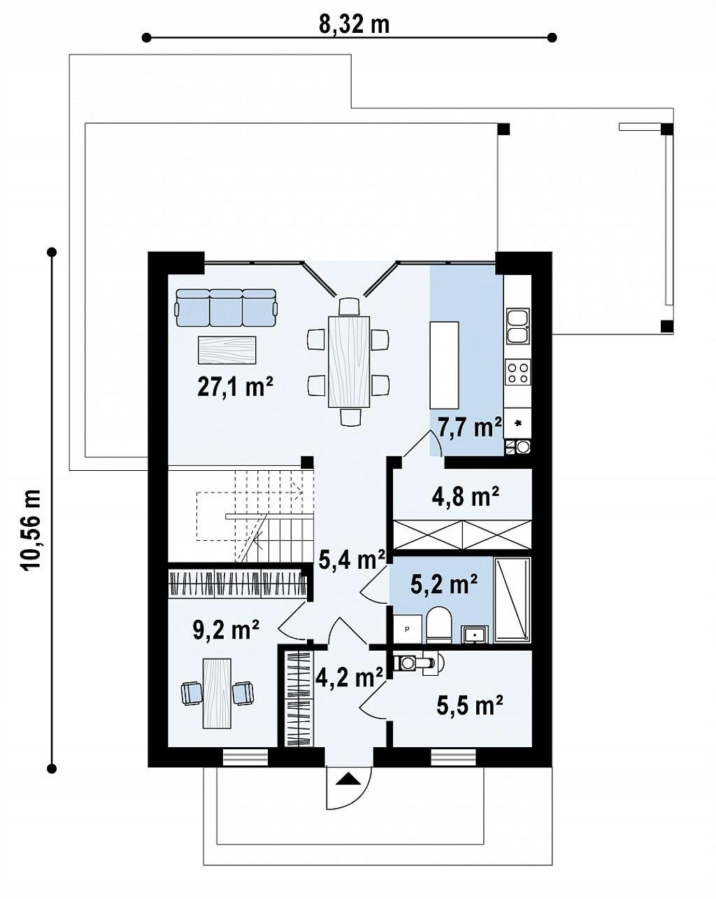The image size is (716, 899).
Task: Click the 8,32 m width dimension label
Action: [x=354, y=25]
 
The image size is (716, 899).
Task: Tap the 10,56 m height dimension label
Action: [x=31, y=530]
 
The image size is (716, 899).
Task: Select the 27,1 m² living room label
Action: [x=235, y=386]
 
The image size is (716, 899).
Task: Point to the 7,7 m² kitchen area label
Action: [x=469, y=427]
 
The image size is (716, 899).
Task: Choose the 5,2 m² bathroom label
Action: [x=443, y=584]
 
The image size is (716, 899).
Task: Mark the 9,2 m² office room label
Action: [x=226, y=630]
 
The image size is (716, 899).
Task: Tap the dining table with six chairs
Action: [x=349, y=362]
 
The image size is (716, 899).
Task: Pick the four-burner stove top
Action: [x=517, y=371]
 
